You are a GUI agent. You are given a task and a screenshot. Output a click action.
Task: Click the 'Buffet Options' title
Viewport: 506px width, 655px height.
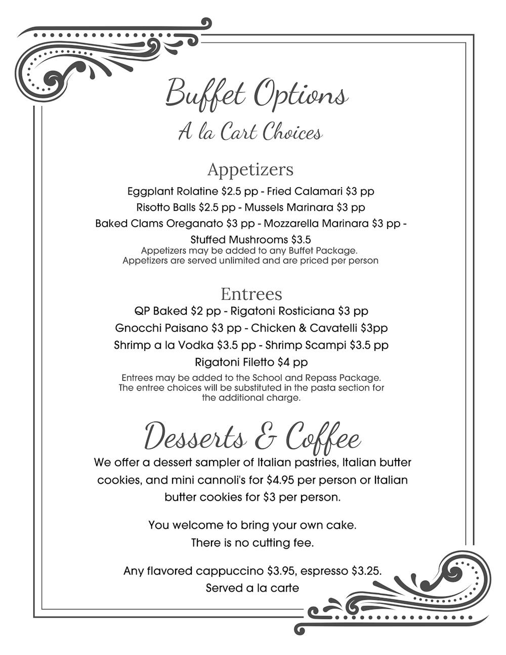click(257, 94)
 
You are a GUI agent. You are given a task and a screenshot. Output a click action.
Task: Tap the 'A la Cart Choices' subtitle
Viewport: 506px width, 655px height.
click(250, 132)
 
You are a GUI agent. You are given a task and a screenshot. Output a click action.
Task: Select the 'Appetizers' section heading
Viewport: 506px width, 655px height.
click(250, 169)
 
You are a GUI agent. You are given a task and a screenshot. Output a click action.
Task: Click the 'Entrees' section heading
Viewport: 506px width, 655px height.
click(251, 294)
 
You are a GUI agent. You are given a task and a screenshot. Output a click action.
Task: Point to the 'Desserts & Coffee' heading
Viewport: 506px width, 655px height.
click(252, 436)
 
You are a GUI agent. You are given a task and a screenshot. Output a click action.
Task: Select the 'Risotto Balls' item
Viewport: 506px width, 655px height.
click(166, 208)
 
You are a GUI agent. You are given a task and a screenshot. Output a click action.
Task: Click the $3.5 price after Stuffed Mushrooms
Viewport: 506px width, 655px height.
click(301, 239)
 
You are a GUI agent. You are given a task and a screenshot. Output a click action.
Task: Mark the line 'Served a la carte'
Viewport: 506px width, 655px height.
click(252, 588)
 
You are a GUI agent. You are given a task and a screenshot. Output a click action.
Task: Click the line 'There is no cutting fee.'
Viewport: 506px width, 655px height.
click(252, 543)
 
